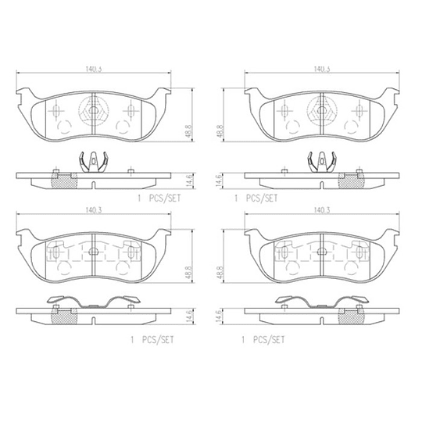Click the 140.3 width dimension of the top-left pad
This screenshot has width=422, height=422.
click(x=94, y=70)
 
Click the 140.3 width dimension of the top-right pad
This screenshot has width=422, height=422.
click(x=322, y=70)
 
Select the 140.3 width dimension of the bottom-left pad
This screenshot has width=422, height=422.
click(x=94, y=210)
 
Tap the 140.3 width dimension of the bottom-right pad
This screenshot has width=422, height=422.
click(x=322, y=210)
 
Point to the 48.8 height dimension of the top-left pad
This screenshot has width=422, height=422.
click(x=188, y=131)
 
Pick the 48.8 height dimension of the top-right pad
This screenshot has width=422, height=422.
click(x=220, y=131)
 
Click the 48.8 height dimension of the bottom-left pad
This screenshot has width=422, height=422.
click(x=188, y=273)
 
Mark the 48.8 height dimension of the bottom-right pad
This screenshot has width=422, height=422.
click(x=220, y=273)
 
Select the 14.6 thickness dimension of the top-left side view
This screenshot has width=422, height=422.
click(x=189, y=181)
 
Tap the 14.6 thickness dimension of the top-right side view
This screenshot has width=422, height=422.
click(x=220, y=181)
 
